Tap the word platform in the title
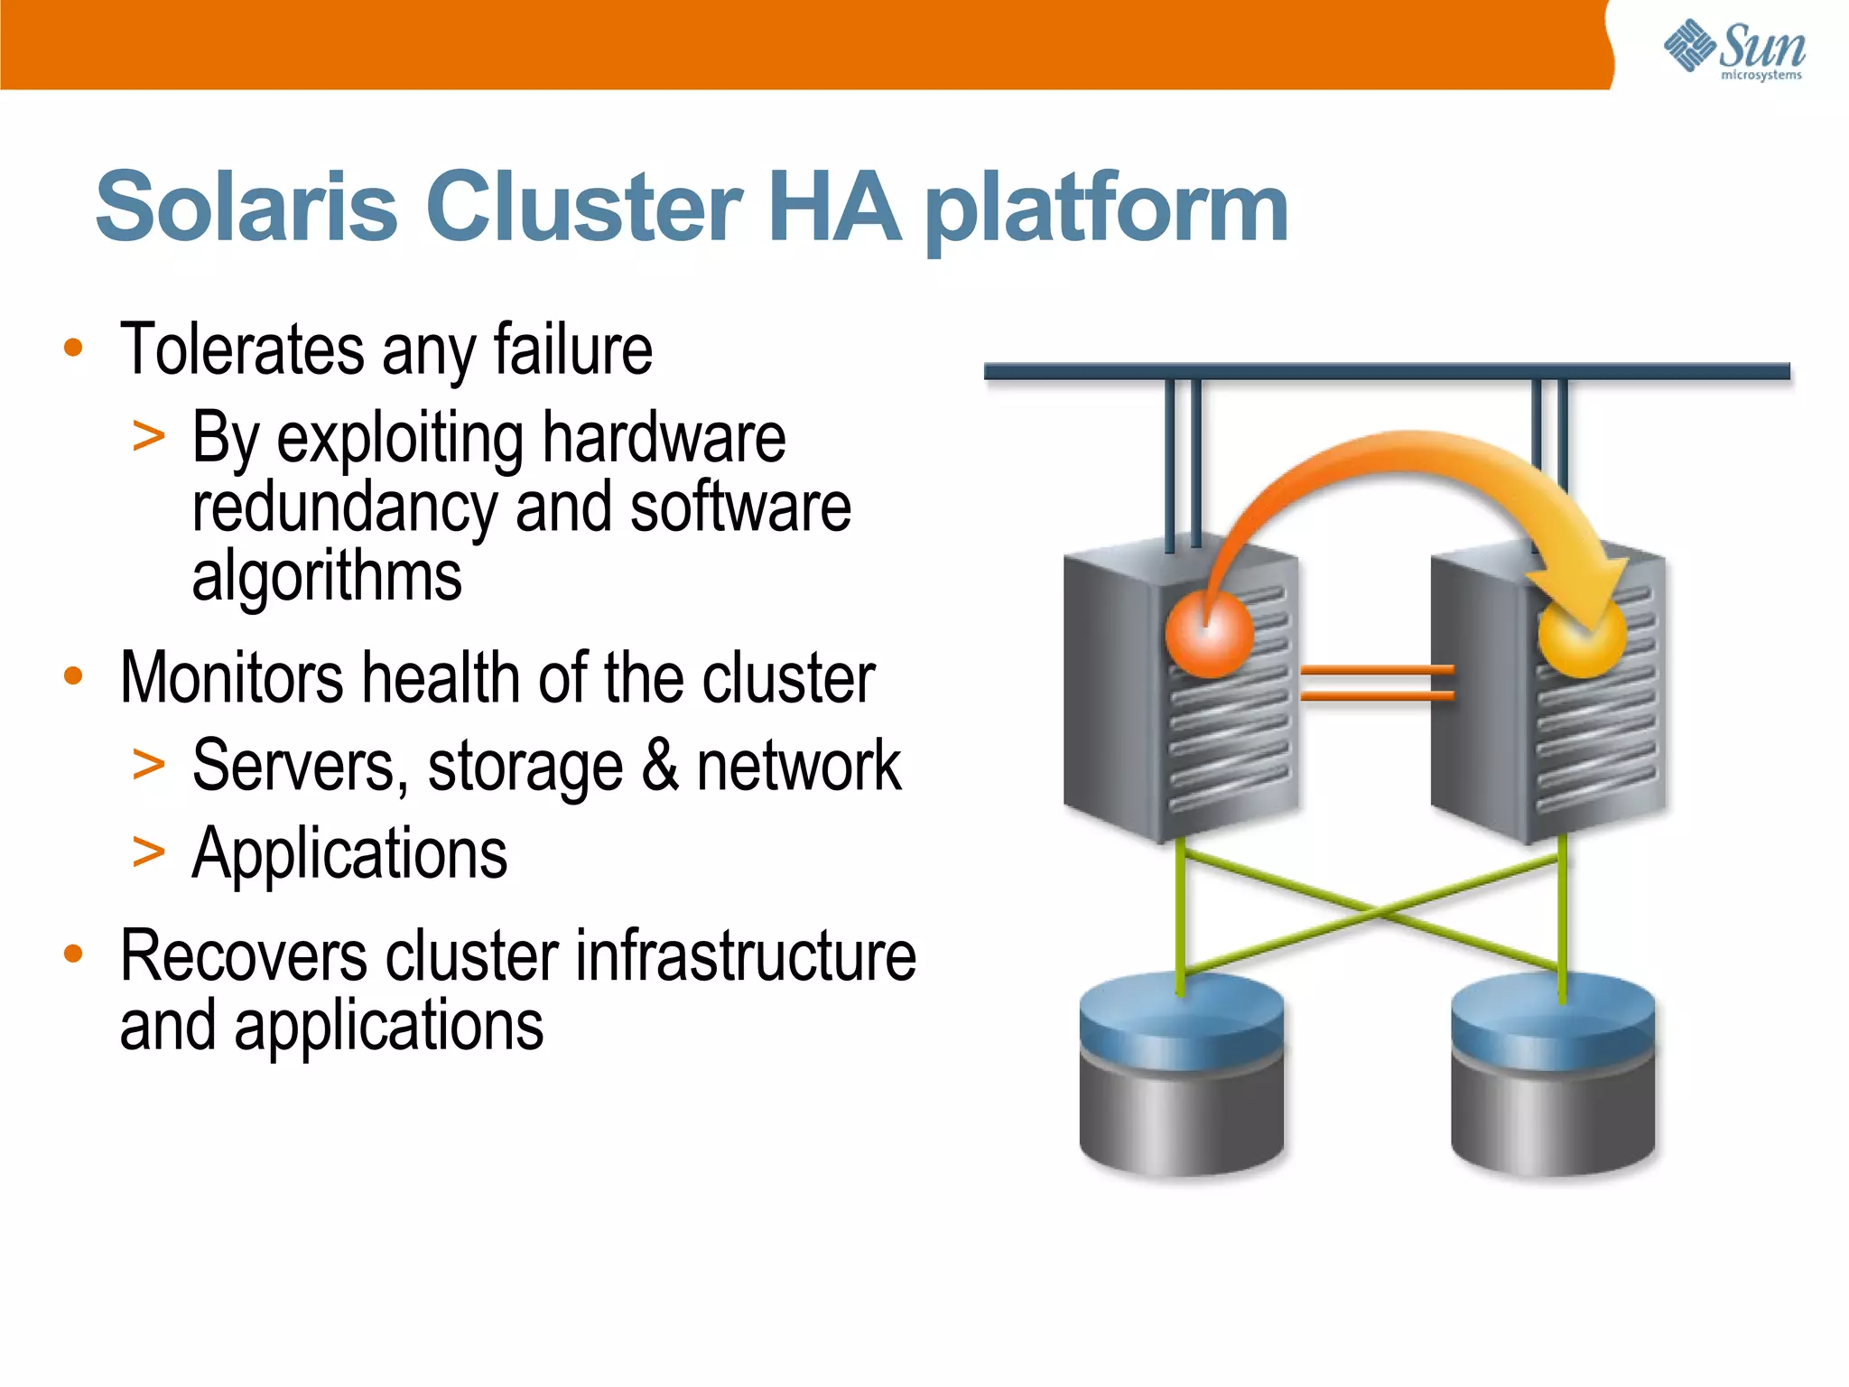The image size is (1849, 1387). [1108, 209]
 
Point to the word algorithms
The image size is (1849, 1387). [327, 576]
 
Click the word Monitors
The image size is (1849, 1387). [231, 678]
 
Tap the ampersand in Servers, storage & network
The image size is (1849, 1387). [660, 766]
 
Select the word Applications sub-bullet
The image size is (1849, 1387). [349, 853]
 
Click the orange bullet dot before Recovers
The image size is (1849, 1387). [73, 954]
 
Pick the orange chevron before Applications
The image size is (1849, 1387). [148, 852]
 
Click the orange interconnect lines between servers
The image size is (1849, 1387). [1376, 683]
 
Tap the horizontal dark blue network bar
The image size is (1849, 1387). [1386, 371]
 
